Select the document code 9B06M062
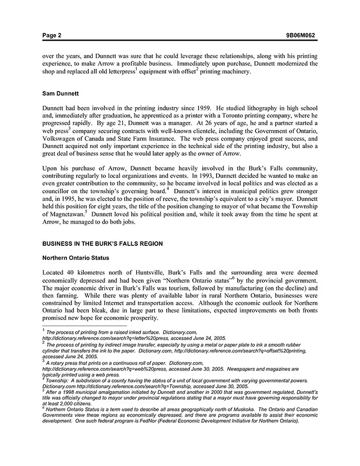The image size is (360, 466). pos(301,35)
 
